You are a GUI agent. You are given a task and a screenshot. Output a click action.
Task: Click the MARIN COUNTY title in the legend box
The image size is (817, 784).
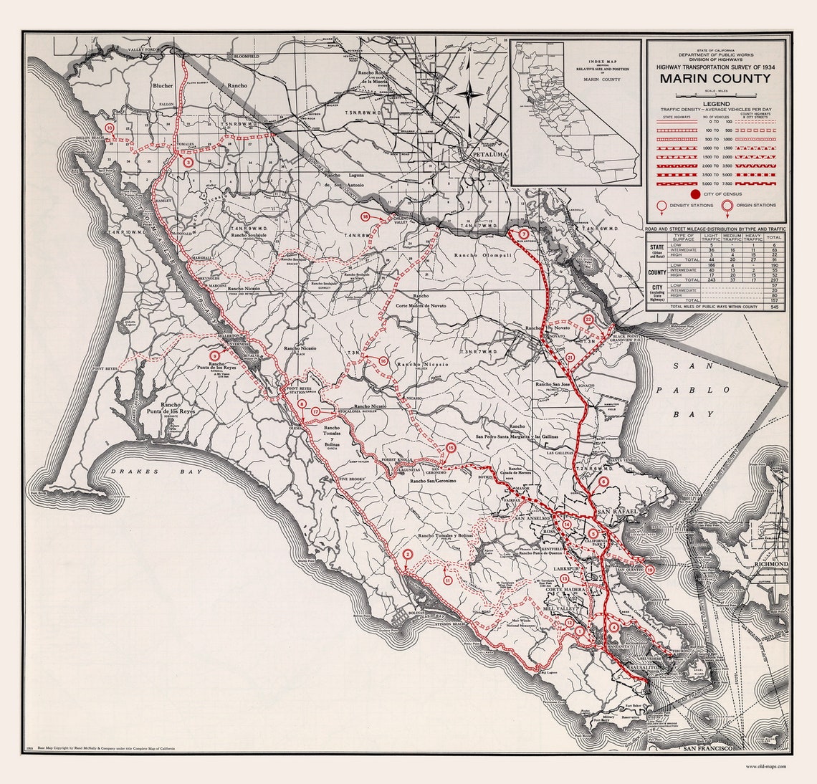point(715,79)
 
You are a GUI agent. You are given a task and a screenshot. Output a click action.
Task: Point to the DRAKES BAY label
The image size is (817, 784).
point(153,472)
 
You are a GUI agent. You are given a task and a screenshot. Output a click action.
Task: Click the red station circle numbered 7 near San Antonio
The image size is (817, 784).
point(524,234)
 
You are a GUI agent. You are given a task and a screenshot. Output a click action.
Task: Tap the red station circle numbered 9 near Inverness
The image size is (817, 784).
point(214,355)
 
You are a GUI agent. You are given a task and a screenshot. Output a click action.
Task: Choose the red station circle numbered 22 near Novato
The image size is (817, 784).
point(588,320)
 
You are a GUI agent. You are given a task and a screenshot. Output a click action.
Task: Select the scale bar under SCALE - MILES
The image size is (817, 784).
point(715,96)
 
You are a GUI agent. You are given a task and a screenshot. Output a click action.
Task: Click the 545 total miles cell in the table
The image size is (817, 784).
point(774,306)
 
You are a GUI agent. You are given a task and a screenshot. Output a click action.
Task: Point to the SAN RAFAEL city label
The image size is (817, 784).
point(612,510)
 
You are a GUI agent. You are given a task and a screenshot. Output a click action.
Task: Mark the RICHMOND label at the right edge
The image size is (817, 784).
point(770,565)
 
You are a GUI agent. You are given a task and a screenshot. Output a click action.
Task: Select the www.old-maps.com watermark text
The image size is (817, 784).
point(765,766)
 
